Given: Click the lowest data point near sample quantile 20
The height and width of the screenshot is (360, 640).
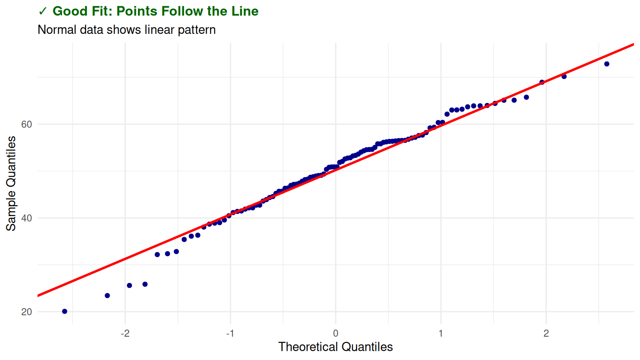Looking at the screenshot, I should pos(65,311).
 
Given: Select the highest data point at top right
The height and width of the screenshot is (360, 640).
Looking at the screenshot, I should pos(607,64).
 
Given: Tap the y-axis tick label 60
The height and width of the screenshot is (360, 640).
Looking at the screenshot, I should pos(27,125).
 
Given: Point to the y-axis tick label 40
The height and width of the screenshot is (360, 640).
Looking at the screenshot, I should pos(27,218).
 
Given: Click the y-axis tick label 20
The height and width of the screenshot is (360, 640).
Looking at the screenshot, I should pos(27,312).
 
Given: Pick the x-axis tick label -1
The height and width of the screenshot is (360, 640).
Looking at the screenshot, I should pos(230,333).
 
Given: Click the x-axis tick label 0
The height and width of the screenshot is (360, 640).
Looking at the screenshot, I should pos(335,333).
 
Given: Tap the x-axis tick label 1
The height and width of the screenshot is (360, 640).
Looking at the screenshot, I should pos(441,333).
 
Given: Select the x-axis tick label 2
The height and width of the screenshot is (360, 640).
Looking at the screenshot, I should pos(546,333).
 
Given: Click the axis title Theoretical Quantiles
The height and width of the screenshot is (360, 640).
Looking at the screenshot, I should pos(335,347).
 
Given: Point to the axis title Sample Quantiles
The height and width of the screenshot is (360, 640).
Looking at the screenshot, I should pos(11,183).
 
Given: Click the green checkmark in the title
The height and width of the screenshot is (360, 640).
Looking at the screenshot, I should pos(42,11).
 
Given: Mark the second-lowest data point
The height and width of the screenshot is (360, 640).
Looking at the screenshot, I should pos(107,295).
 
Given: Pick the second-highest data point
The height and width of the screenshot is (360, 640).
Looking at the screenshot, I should pos(564,77).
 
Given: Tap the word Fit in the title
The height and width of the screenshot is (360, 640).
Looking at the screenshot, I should pos(100,11).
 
